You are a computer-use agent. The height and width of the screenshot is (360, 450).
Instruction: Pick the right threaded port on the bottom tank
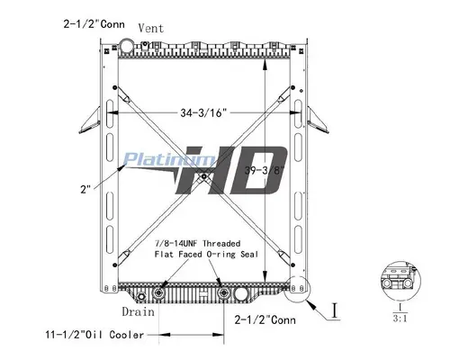220,293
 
